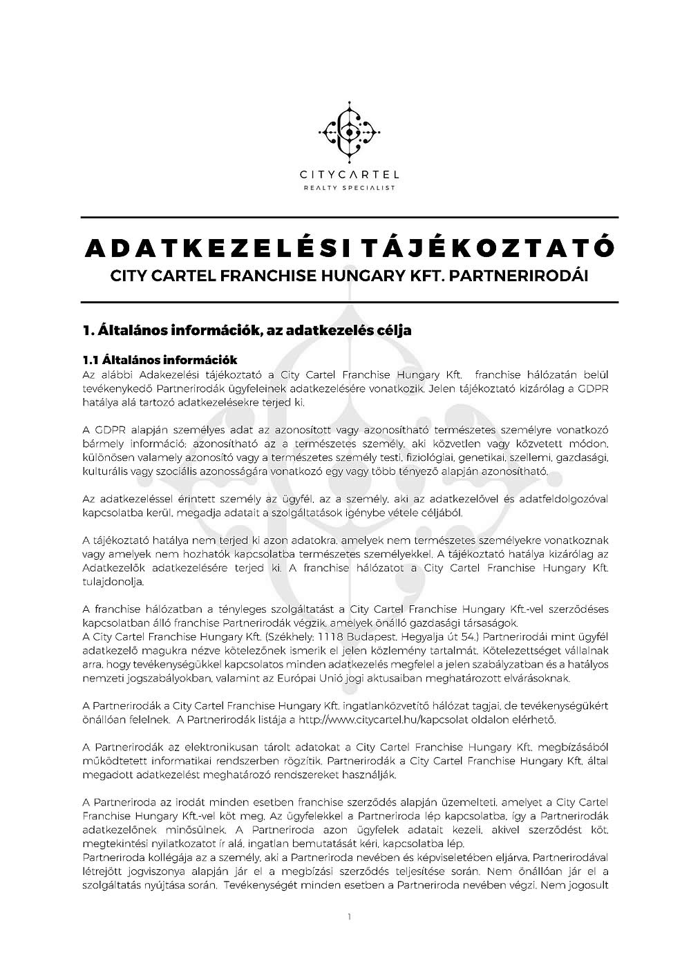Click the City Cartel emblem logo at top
click(x=350, y=130)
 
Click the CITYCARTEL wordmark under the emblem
click(x=350, y=175)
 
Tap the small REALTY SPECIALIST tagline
click(x=350, y=188)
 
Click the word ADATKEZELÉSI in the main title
click(x=210, y=249)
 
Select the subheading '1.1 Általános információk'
click(x=160, y=360)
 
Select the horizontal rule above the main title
click(x=350, y=218)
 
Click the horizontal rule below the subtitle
click(x=350, y=303)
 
